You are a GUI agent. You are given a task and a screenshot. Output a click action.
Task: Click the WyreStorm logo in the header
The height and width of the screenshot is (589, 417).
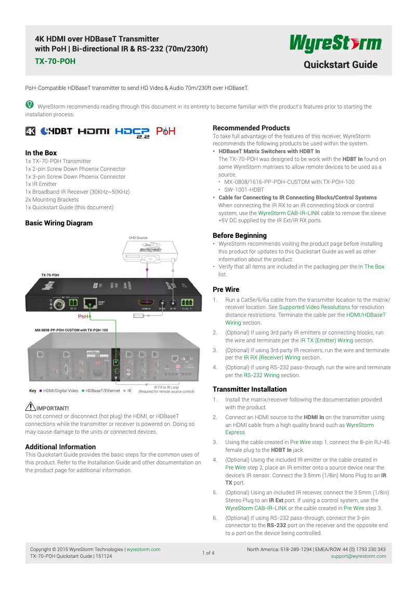(x=336, y=43)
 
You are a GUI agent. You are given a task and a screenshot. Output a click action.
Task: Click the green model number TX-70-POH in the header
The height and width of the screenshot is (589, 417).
(x=55, y=61)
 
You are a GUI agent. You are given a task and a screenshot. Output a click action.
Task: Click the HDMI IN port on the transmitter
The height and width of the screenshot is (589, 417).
(x=146, y=302)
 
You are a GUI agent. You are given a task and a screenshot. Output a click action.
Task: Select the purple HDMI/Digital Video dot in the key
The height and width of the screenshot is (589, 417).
(x=41, y=391)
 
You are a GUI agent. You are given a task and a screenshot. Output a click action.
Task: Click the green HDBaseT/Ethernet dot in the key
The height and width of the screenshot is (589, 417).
(x=83, y=391)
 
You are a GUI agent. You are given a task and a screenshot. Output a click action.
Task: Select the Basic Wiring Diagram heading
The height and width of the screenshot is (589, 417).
(x=59, y=223)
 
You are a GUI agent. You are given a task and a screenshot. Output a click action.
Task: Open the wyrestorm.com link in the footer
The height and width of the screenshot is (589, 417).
(x=144, y=549)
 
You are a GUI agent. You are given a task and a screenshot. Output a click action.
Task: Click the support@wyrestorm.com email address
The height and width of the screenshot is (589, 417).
(x=358, y=556)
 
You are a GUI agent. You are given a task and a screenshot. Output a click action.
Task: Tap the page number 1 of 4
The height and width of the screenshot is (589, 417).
(x=208, y=553)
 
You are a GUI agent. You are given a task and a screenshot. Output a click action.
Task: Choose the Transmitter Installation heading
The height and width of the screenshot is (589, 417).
(x=250, y=389)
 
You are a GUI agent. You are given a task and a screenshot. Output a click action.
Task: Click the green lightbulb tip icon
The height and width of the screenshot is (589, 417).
(x=30, y=105)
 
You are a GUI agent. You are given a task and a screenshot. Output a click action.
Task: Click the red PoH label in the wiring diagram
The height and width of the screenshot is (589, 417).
(x=83, y=316)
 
